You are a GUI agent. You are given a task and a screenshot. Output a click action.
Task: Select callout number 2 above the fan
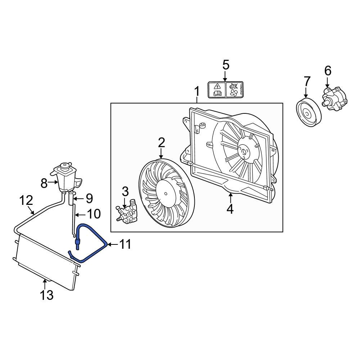tap(161, 143)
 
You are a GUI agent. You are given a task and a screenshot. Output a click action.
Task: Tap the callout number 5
tap(225, 65)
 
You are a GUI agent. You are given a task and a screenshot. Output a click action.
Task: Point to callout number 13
tap(47, 295)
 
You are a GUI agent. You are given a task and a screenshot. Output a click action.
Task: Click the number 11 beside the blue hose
tap(125, 245)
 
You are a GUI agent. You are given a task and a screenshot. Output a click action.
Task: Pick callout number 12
tap(26, 201)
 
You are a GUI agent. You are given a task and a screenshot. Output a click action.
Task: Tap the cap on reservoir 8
tap(65, 167)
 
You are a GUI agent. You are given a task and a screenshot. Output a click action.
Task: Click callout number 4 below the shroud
tap(230, 209)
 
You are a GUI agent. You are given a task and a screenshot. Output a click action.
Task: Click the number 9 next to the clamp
tap(89, 198)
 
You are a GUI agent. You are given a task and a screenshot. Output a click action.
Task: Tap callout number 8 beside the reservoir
tap(44, 183)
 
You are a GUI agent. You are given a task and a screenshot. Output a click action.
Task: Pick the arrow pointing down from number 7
tap(306, 92)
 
